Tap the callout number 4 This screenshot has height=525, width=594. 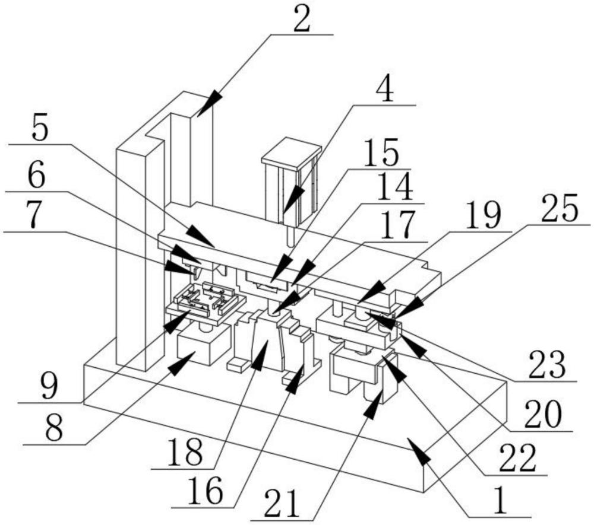(385, 90)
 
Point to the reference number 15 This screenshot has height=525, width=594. (381, 152)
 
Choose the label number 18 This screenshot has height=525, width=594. (185, 453)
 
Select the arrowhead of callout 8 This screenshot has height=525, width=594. (181, 363)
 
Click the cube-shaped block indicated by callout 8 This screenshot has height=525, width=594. (204, 343)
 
